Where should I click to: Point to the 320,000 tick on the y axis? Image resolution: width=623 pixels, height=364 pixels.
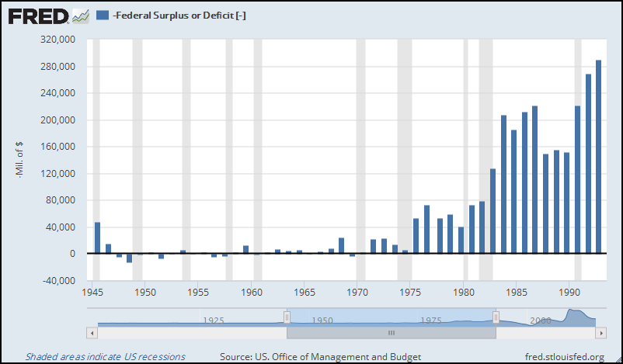tap(55, 40)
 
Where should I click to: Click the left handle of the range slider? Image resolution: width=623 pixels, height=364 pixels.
tap(287, 317)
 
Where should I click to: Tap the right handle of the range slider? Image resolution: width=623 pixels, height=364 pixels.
tap(496, 317)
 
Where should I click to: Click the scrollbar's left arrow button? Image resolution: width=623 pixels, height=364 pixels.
tap(92, 332)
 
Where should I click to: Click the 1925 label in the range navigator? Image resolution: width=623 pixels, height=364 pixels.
tap(214, 320)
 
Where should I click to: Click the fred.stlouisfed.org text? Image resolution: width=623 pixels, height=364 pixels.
tap(565, 356)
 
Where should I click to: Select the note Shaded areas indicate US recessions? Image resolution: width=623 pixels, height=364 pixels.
tap(106, 356)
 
